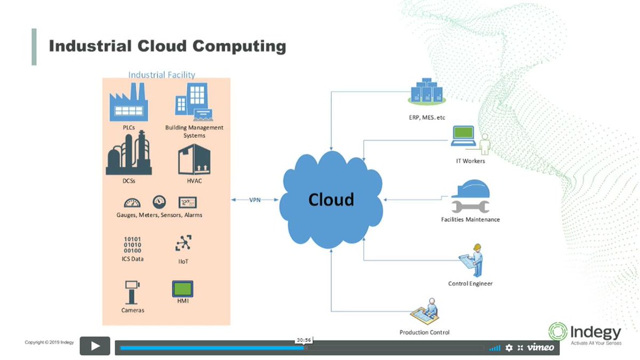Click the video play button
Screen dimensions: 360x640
click(95, 346)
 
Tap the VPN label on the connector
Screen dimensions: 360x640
click(255, 200)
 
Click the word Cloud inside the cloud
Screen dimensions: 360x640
click(331, 199)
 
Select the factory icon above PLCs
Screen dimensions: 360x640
click(128, 105)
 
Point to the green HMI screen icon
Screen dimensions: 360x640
click(182, 289)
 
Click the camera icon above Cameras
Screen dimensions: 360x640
click(132, 291)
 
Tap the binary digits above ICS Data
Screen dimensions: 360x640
click(132, 245)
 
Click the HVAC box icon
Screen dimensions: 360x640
click(194, 159)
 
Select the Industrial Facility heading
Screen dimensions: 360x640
click(162, 75)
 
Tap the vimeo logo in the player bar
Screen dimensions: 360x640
click(541, 348)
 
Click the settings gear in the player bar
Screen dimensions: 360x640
click(509, 348)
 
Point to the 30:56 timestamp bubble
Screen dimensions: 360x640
click(304, 340)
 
